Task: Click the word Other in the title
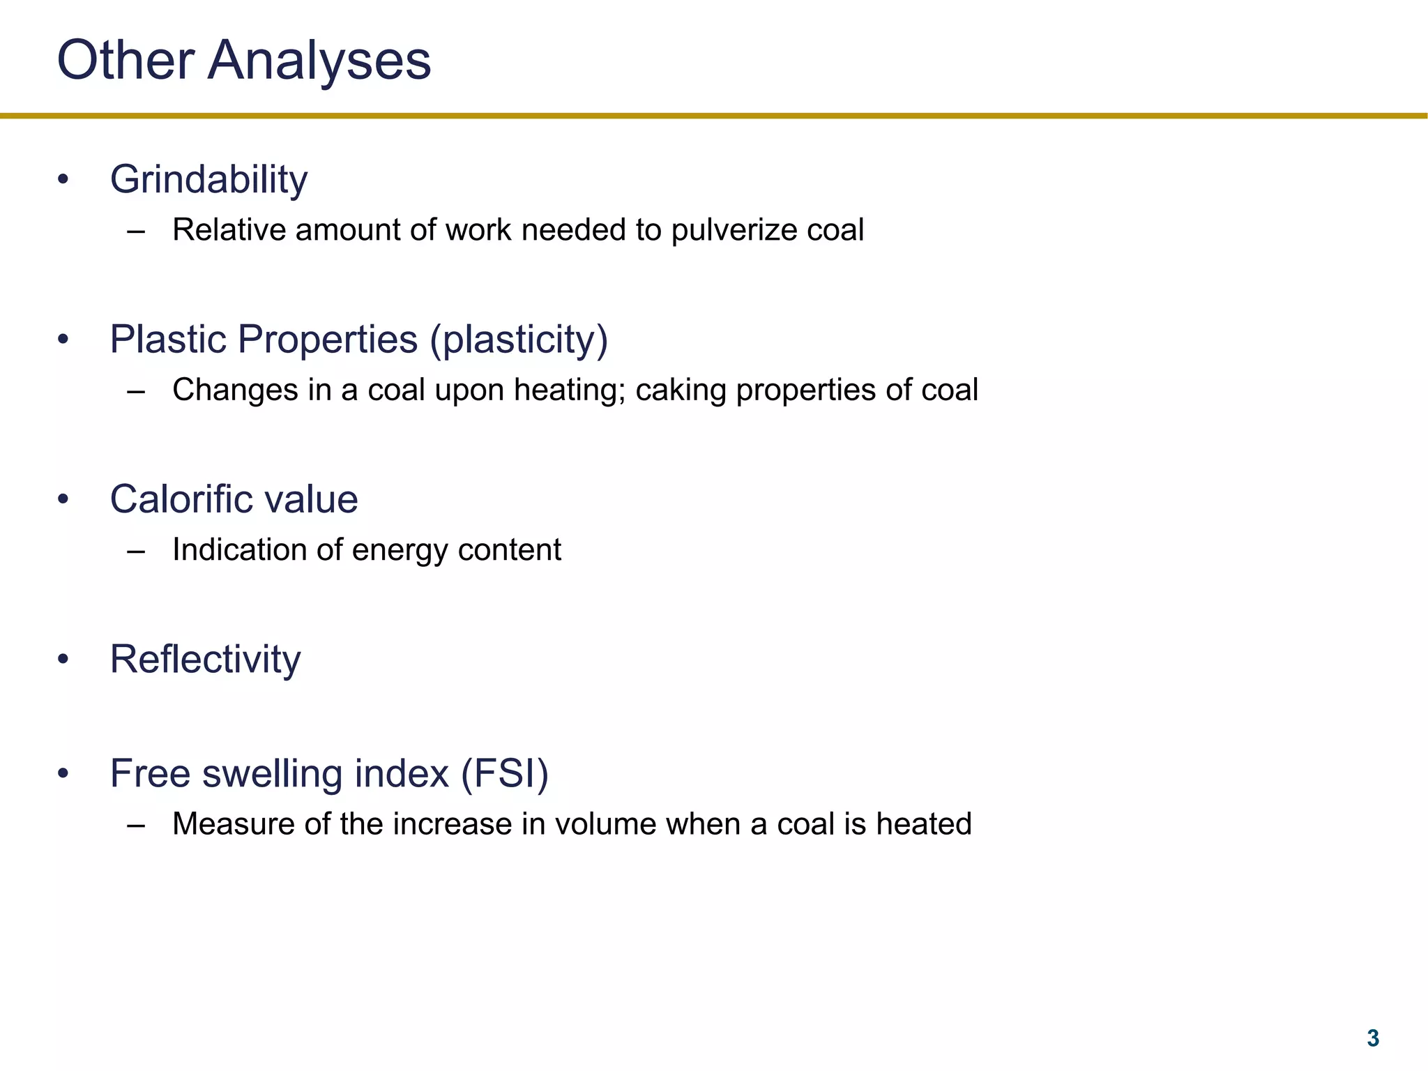click(126, 60)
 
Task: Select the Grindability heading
click(208, 180)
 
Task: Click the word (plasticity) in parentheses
click(519, 340)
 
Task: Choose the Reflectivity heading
click(205, 659)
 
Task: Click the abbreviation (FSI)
click(504, 774)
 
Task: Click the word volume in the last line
click(605, 824)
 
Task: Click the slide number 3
click(1372, 1038)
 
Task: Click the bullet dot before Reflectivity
click(63, 660)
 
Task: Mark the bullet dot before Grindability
click(63, 180)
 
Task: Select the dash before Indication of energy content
click(136, 552)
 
